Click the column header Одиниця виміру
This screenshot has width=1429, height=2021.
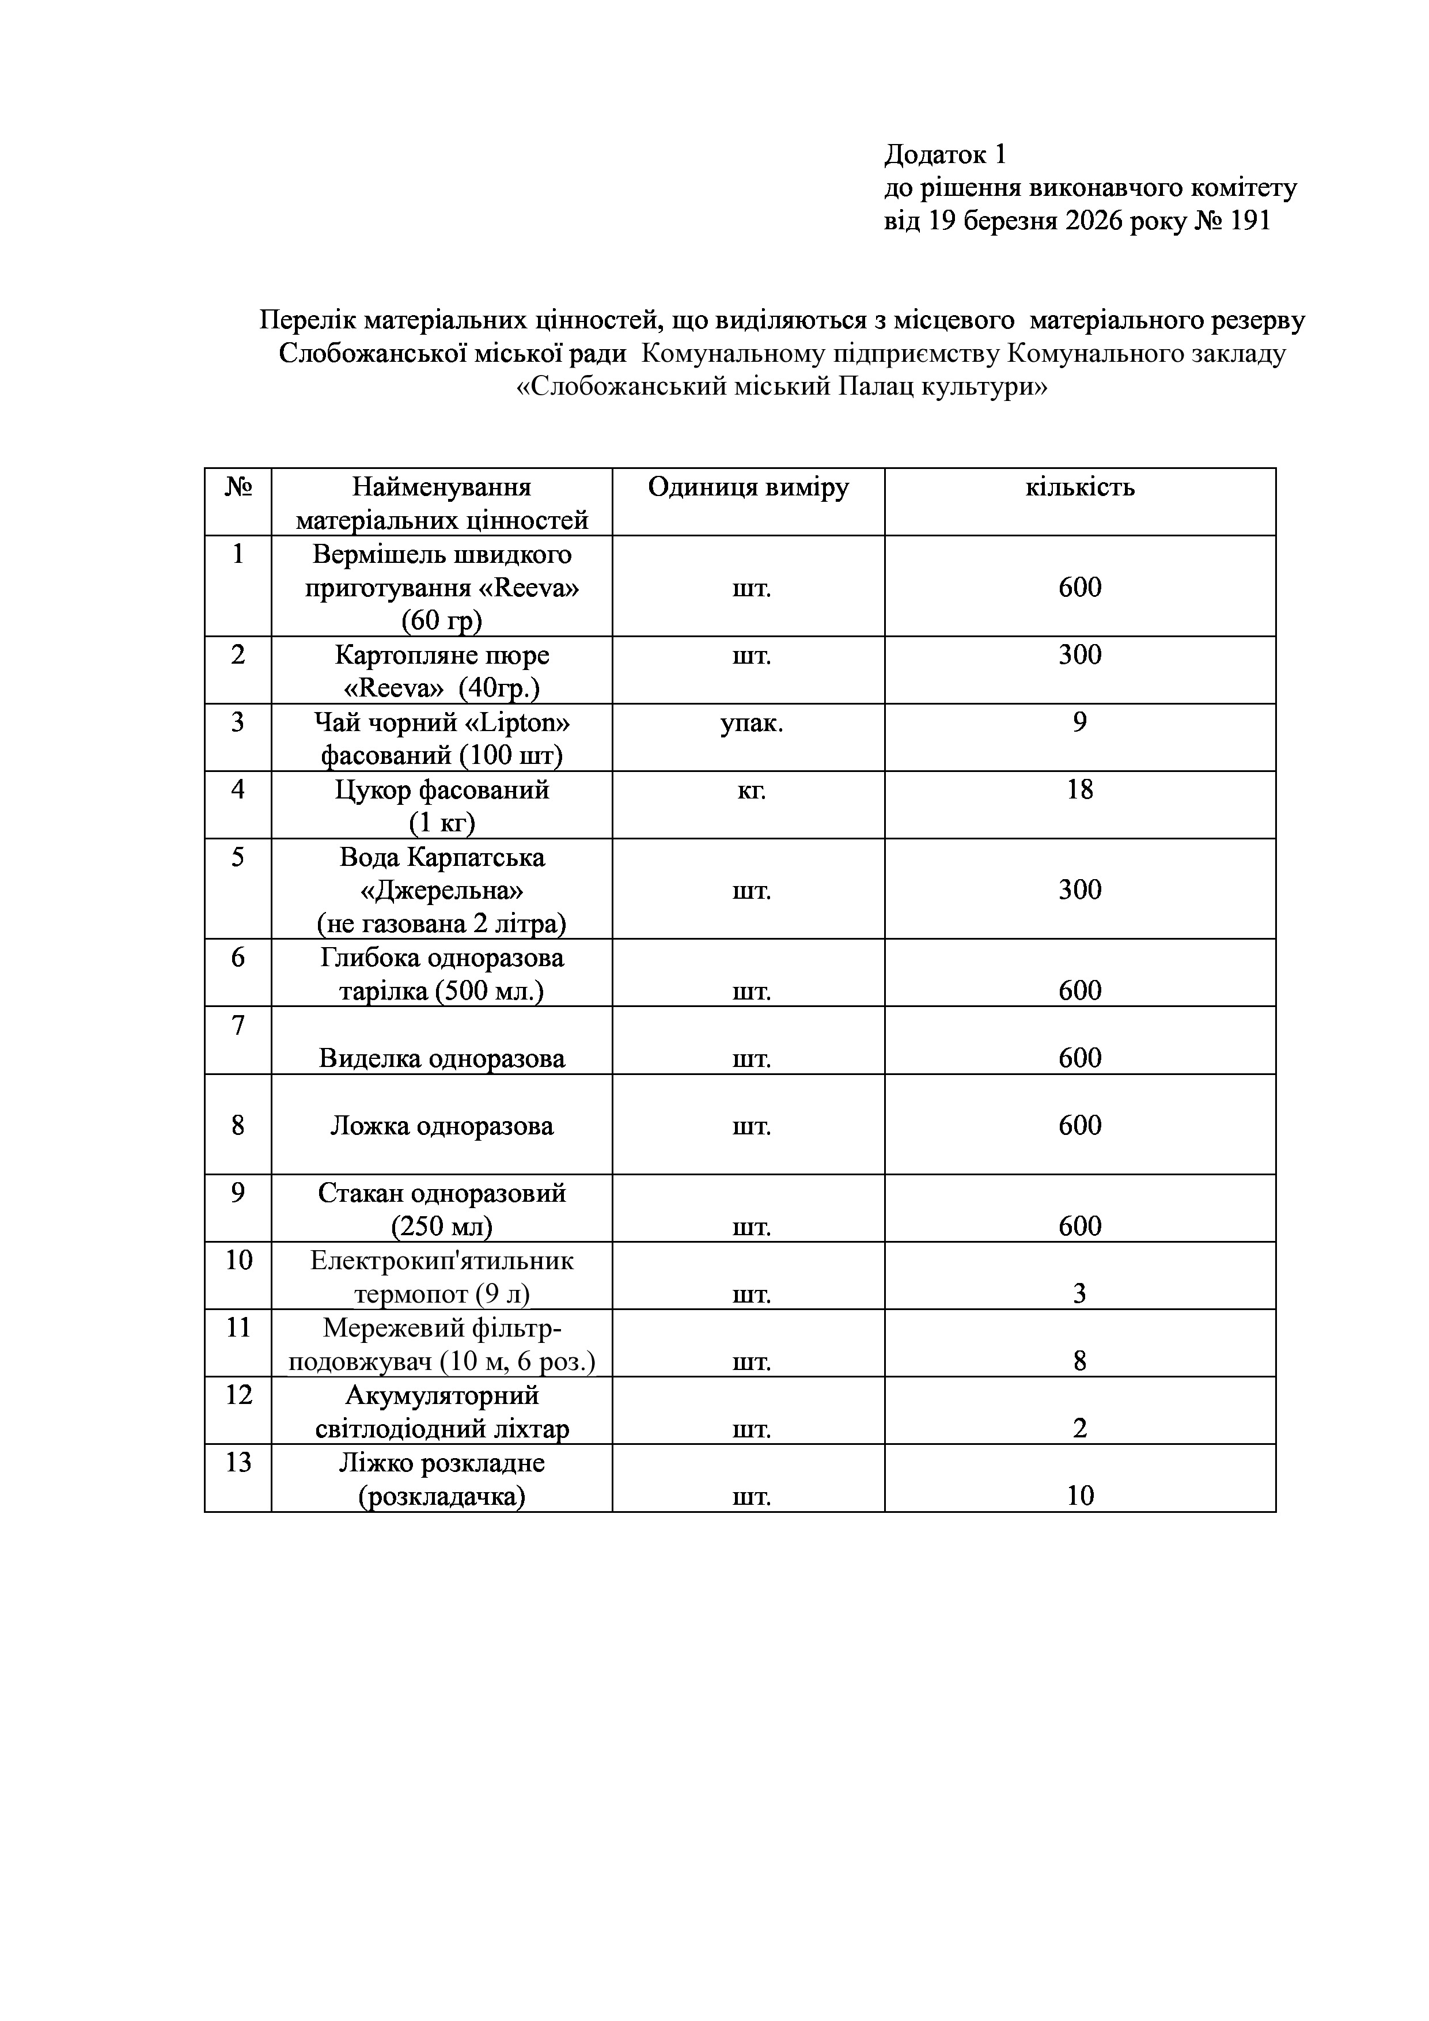point(748,487)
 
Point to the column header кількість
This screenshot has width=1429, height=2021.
point(1079,487)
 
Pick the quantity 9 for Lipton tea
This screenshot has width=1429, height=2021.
point(1079,722)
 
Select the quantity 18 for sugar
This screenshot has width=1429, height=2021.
point(1079,790)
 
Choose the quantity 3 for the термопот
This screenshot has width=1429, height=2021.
point(1079,1294)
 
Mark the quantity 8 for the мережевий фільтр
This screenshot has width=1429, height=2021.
point(1079,1362)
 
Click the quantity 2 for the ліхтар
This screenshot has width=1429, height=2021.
point(1079,1429)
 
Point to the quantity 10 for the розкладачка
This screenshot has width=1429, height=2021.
point(1079,1496)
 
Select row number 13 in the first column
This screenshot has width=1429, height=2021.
point(238,1462)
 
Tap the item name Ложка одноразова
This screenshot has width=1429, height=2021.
point(442,1126)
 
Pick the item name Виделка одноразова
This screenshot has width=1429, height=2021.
point(442,1058)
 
